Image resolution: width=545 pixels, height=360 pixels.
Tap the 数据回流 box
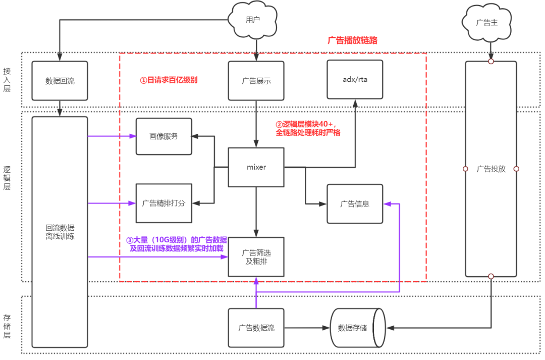pos(60,80)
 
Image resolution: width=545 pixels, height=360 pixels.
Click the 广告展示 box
pos(256,80)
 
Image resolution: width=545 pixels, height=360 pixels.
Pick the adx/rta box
pos(355,79)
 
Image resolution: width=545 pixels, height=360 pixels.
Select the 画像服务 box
pos(163,136)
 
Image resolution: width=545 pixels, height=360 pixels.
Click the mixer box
pos(256,167)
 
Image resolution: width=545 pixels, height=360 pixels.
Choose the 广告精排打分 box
pos(163,203)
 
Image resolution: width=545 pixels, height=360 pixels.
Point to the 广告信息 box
pos(355,204)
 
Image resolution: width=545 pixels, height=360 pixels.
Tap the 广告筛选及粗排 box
pos(256,257)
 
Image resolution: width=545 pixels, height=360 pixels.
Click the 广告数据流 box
pos(256,328)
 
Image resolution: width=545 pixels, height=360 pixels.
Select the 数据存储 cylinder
pos(357,328)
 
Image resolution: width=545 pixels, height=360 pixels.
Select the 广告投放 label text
pos(490,169)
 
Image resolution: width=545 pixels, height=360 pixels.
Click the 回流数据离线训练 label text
pos(60,231)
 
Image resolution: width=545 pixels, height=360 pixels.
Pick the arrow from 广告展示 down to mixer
pos(256,124)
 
